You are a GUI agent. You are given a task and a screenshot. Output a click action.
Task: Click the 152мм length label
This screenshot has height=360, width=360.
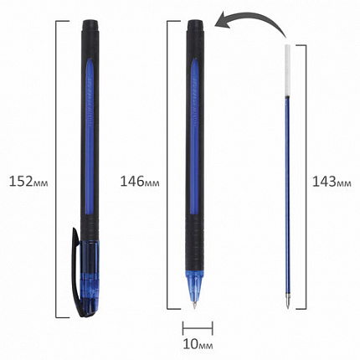point(28,182)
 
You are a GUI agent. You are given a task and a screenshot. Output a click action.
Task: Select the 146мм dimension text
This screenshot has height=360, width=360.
point(140,182)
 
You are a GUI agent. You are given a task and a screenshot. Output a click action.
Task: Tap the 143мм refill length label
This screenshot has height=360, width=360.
point(332,182)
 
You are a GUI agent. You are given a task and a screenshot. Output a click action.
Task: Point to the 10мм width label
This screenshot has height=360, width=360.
point(198,344)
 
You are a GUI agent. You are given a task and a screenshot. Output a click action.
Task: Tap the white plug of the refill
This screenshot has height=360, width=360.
point(287,70)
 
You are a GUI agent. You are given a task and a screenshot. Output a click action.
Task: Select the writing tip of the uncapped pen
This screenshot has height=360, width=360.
point(194,305)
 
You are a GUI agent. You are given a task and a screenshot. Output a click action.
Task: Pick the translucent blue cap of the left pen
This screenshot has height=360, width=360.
point(89,276)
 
